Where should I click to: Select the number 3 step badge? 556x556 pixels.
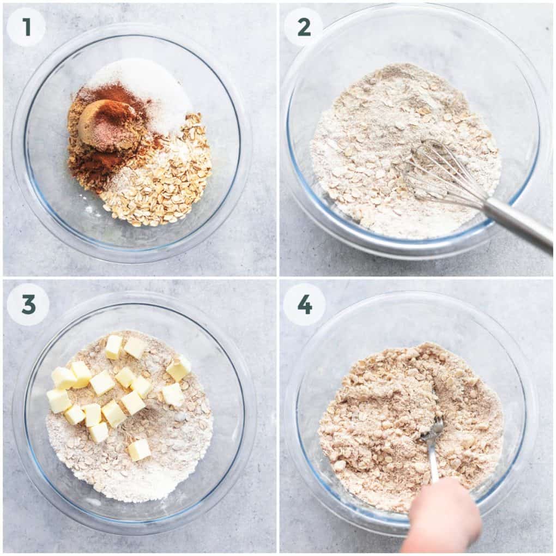pyautogui.click(x=28, y=304)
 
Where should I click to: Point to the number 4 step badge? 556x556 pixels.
pyautogui.click(x=304, y=304)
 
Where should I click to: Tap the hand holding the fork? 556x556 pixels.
pyautogui.click(x=442, y=518)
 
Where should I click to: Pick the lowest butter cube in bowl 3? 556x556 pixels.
pyautogui.click(x=139, y=450)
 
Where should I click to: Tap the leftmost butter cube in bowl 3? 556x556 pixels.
pyautogui.click(x=58, y=401)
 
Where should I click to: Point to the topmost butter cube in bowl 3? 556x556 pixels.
pyautogui.click(x=114, y=347)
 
